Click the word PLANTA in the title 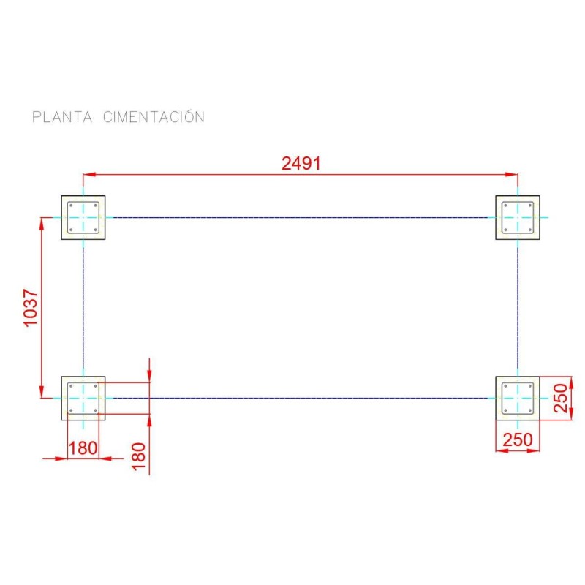point(61,117)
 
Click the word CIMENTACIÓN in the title point(154,116)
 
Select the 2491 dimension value point(301,164)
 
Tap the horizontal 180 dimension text point(83,448)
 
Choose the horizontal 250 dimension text point(518,440)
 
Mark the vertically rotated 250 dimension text point(561,398)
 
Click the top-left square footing point(83,217)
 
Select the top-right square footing point(518,217)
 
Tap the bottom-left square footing point(83,398)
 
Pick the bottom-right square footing point(518,398)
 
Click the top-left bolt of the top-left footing point(72,205)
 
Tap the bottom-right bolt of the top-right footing point(529,229)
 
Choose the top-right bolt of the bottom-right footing point(529,386)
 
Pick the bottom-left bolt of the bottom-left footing point(72,409)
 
